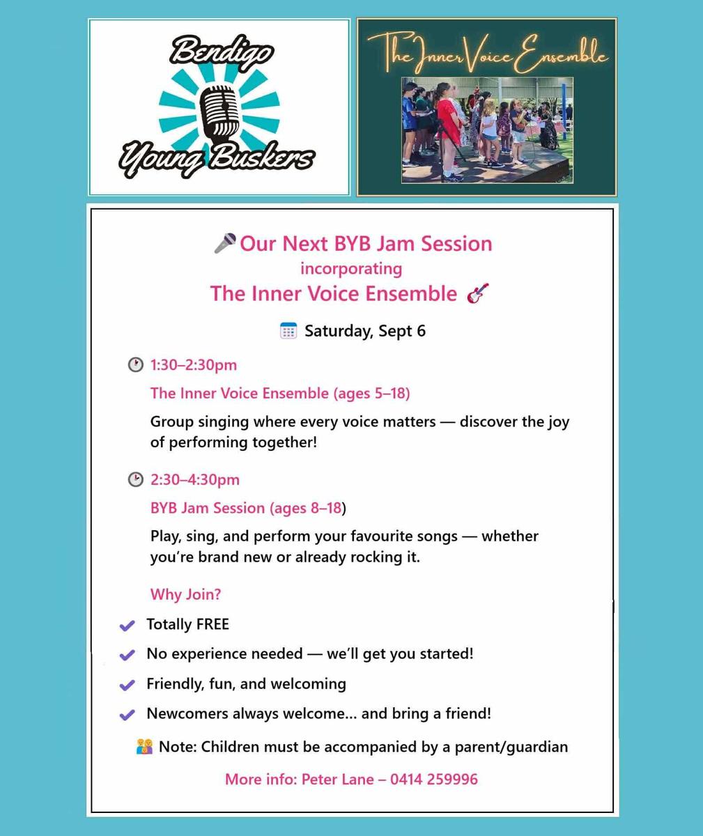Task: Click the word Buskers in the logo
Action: coord(261,157)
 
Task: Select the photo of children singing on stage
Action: coord(487,130)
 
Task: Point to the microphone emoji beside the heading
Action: coord(224,243)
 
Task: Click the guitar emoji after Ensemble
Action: coord(478,293)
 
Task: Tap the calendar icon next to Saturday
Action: coord(288,331)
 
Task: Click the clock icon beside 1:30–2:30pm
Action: coord(135,365)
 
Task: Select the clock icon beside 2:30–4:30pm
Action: coord(135,479)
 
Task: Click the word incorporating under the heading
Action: coord(351,269)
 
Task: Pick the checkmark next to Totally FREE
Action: coord(127,625)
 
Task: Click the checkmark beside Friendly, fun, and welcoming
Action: coord(127,685)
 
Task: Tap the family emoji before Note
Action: coord(144,747)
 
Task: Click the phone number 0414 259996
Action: coord(434,779)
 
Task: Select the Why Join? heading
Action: coord(185,594)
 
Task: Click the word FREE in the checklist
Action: coord(213,624)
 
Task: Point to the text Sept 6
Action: coord(402,331)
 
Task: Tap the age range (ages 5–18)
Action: coord(372,393)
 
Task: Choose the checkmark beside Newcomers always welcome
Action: coord(127,715)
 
